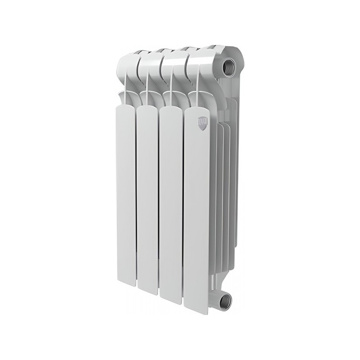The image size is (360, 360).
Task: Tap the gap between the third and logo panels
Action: click(183, 207)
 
